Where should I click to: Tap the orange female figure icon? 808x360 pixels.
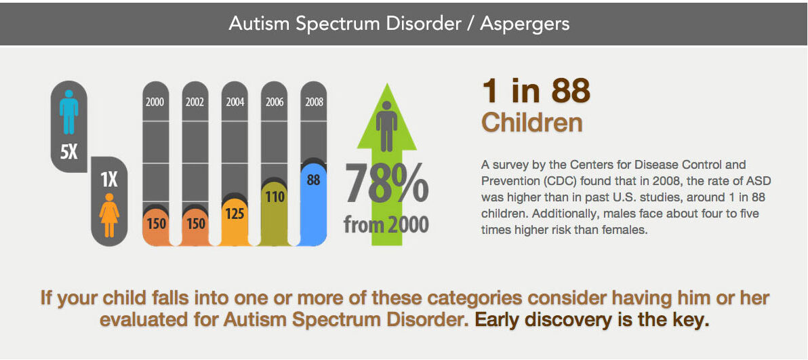coord(108,215)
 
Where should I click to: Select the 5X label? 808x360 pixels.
coord(68,152)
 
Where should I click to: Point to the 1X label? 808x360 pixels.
coord(108,180)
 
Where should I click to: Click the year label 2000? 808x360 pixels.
coord(155,102)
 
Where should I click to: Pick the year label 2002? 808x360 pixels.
coord(195,102)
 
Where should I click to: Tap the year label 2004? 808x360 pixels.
coord(235,102)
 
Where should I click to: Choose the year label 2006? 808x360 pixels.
coord(275,102)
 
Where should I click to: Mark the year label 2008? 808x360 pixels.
coord(314,102)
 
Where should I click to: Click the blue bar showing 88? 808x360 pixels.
coord(313,205)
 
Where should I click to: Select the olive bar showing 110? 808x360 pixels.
coord(275,214)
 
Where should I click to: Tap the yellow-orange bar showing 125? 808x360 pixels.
coord(235,222)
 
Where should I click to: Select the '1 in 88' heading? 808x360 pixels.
coord(536,92)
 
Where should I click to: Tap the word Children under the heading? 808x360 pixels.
coord(532,123)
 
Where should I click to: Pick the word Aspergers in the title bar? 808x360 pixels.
coord(525,24)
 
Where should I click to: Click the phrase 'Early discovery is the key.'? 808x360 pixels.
coord(592,320)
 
